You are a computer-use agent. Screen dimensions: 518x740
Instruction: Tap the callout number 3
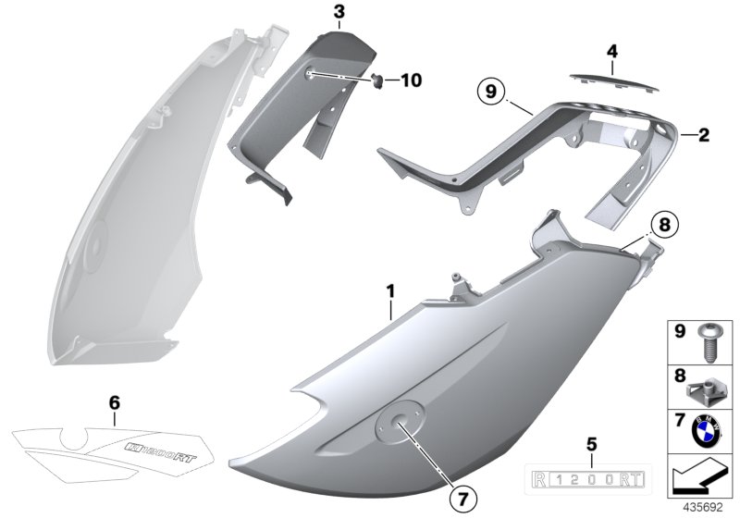pyautogui.click(x=339, y=13)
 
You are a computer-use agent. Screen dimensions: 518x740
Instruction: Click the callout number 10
pyautogui.click(x=409, y=80)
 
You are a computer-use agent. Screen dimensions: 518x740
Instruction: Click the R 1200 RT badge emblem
pyautogui.click(x=591, y=479)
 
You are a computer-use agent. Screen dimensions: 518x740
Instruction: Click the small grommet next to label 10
pyautogui.click(x=377, y=81)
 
